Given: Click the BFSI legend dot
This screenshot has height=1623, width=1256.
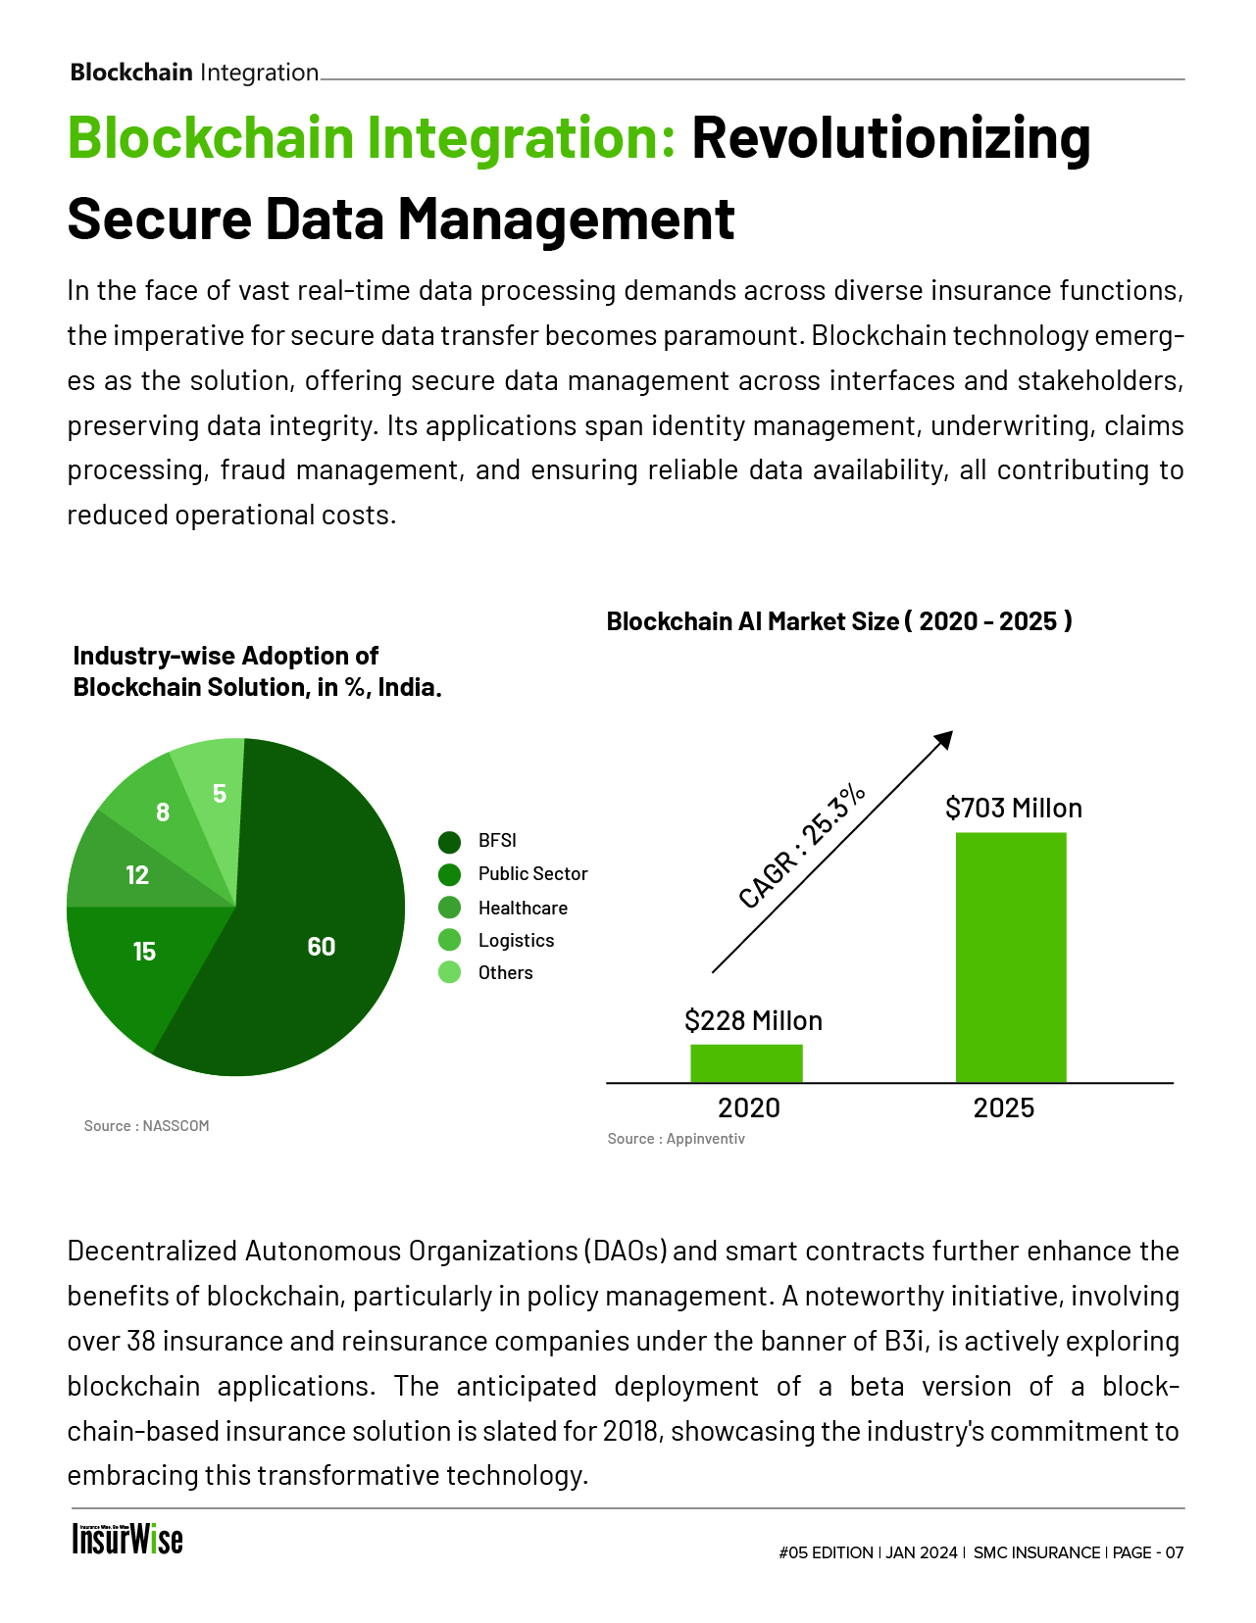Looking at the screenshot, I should pyautogui.click(x=450, y=842).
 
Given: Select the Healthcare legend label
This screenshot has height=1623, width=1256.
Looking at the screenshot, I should pyautogui.click(x=523, y=909).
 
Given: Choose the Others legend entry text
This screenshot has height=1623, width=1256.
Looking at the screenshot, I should pyautogui.click(x=505, y=973).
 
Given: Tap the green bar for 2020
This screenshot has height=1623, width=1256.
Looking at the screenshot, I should pyautogui.click(x=746, y=1063).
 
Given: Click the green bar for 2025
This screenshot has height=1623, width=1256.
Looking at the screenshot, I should pyautogui.click(x=1011, y=957).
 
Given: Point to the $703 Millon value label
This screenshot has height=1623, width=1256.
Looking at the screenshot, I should pyautogui.click(x=1014, y=809).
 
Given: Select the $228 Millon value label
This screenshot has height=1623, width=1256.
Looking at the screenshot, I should pyautogui.click(x=753, y=1021).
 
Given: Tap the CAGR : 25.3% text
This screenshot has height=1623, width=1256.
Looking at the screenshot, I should pyautogui.click(x=802, y=846).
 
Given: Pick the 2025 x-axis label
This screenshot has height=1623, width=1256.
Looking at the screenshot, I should pyautogui.click(x=1003, y=1108).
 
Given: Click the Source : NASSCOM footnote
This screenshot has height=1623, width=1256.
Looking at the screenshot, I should pyautogui.click(x=147, y=1126).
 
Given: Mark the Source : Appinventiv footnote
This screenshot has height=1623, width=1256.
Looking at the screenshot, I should pyautogui.click(x=676, y=1139).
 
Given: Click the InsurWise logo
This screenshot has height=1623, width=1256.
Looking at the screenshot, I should pyautogui.click(x=127, y=1539).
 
